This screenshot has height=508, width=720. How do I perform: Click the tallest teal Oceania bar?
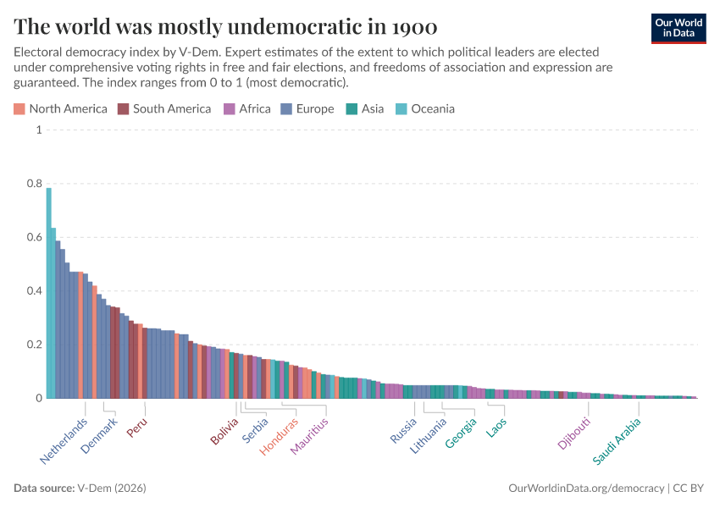(x=49, y=292)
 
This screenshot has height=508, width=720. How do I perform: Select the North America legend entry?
(x=61, y=108)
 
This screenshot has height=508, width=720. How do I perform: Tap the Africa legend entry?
(x=247, y=108)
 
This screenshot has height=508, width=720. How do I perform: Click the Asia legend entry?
(x=365, y=108)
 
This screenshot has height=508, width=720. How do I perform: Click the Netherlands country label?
(x=64, y=441)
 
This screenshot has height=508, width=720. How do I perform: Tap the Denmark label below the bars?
(x=100, y=436)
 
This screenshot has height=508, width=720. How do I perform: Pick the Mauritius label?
(x=308, y=436)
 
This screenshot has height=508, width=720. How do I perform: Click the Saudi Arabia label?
(x=617, y=441)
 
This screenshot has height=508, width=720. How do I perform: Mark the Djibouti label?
(x=574, y=433)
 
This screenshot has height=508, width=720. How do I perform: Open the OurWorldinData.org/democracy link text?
(x=586, y=489)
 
